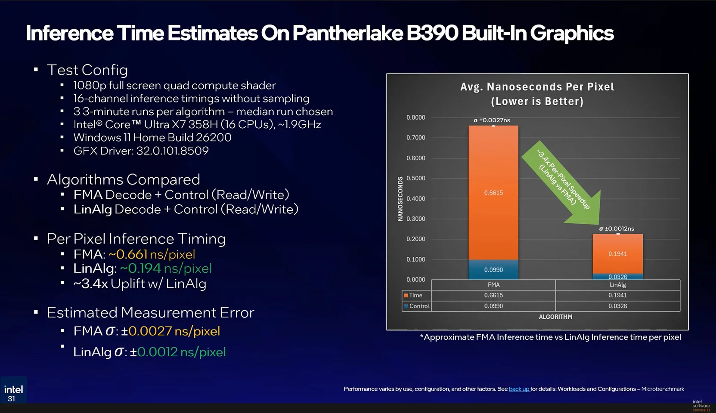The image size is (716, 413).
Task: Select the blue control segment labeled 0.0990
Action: tap(493, 270)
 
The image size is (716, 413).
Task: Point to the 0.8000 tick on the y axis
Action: tap(415, 117)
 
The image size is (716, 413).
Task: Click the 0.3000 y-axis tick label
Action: tap(415, 219)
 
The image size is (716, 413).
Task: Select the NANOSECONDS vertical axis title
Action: tap(400, 199)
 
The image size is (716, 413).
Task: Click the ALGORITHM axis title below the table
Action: tap(555, 317)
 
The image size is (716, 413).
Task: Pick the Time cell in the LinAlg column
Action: tap(617, 295)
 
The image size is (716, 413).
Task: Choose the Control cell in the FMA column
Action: tap(493, 306)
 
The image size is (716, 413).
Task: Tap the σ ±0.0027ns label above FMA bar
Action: tap(492, 120)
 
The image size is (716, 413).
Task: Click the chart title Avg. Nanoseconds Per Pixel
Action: tap(537, 87)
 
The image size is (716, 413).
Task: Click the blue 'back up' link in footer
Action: tap(519, 389)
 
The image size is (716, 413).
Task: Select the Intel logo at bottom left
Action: tap(13, 389)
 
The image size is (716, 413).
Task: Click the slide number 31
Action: tap(11, 399)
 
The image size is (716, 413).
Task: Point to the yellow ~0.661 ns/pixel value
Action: tap(152, 254)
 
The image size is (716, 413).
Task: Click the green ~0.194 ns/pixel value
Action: tap(166, 268)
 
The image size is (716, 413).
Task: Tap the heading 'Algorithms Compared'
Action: tap(123, 179)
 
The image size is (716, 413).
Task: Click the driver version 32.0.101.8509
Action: tap(172, 151)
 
